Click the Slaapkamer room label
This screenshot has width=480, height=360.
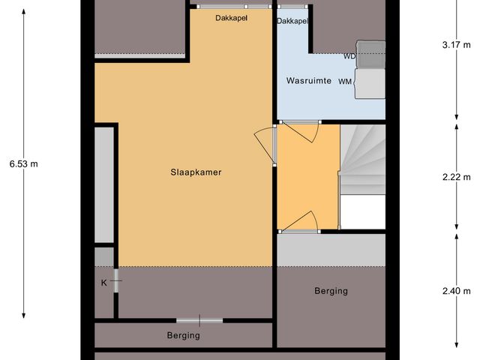196,172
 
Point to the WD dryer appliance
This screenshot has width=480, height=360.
370,54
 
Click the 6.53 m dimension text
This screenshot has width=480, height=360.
23,163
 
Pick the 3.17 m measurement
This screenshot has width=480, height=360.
456,44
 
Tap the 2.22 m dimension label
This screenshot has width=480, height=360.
456,177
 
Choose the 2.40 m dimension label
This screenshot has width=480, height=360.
456,291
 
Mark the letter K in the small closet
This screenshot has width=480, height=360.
104,283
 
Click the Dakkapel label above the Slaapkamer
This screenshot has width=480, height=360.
231,16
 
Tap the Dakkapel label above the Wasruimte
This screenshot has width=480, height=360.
292,21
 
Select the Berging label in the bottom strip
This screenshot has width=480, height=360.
183,335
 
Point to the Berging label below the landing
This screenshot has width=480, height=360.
331,290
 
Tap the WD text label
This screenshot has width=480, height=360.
349,56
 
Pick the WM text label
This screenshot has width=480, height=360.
345,81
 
